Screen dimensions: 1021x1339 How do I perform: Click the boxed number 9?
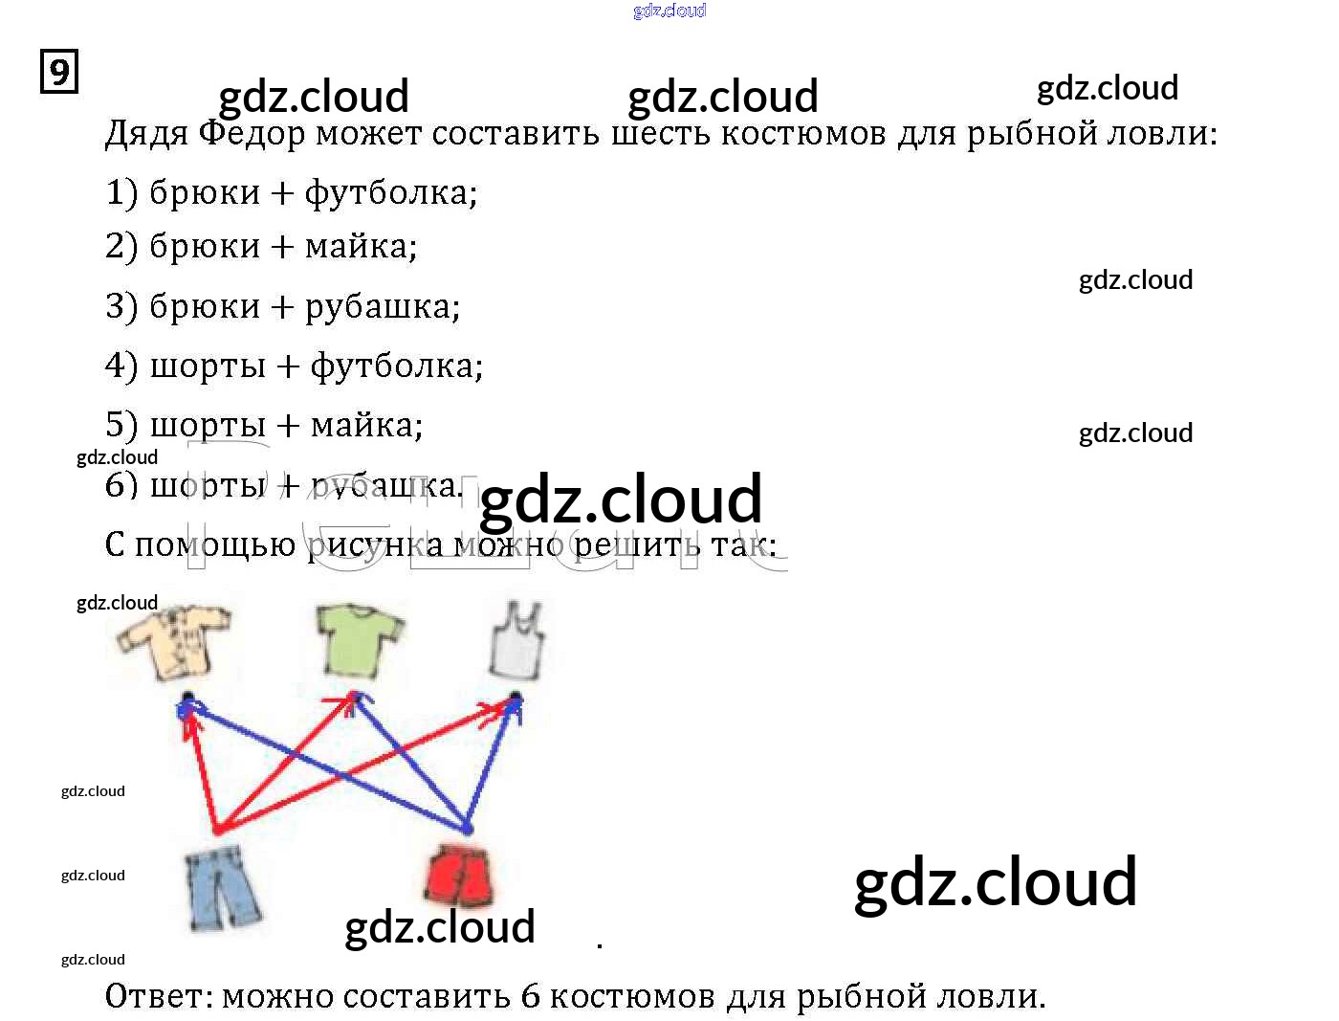[x=59, y=73]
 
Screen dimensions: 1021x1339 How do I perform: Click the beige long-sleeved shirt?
[x=173, y=640]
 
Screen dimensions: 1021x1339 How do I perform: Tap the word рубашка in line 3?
[x=382, y=307]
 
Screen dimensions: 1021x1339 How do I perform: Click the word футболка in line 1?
[x=389, y=193]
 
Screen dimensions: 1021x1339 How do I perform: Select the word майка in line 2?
[x=361, y=248]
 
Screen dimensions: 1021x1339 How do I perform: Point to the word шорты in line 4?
[x=208, y=366]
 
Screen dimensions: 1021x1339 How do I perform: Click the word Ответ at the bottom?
[x=158, y=997]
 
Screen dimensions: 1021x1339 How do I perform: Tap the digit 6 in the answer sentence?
[x=531, y=997]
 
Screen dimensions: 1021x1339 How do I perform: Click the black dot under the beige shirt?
[x=188, y=698]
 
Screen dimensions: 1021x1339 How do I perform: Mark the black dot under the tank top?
[x=516, y=697]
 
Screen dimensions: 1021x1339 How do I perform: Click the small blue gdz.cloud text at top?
[x=669, y=11]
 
